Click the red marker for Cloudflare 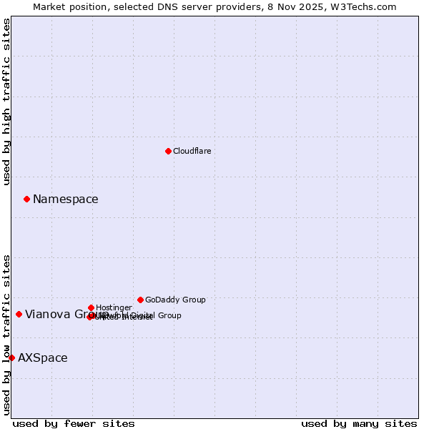click(x=168, y=151)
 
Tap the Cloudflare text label click(x=192, y=151)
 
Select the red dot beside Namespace click(x=26, y=199)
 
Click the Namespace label click(x=66, y=199)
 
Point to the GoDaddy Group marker click(x=140, y=300)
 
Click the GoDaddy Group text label click(x=175, y=300)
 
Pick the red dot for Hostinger click(x=91, y=307)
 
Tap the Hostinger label click(x=114, y=307)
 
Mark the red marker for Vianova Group click(x=19, y=314)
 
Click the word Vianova click(x=46, y=315)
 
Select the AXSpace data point click(x=11, y=357)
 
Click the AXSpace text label click(x=43, y=358)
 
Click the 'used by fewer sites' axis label click(x=74, y=423)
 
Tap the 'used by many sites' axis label click(x=359, y=423)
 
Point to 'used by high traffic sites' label click(x=6, y=102)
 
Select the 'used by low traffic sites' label click(x=6, y=334)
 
